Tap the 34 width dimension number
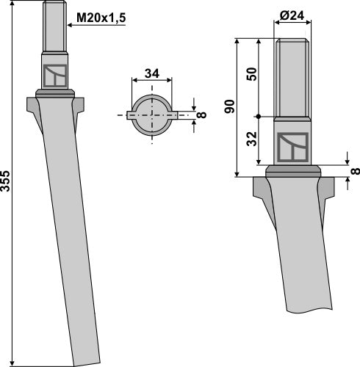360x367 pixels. pos(153,73)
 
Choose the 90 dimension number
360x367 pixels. pos(229,107)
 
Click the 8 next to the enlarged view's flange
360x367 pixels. pos(355,170)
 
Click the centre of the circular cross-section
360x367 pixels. pos(153,115)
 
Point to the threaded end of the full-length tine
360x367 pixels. pos(54,26)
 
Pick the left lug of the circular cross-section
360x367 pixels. pos(130,115)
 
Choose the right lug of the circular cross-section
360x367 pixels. pos(176,115)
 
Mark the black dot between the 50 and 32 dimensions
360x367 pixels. pos(259,115)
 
